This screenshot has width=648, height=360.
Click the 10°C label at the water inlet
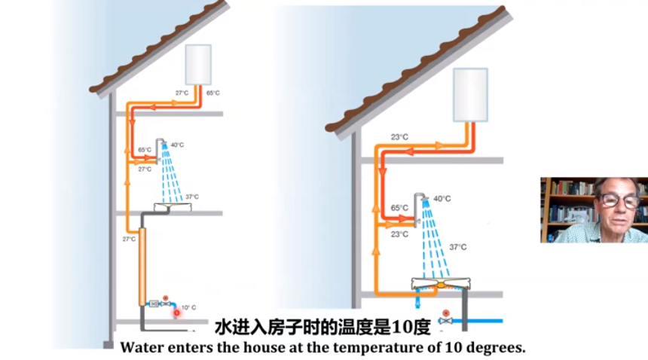point(188,307)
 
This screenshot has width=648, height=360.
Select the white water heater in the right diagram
point(470,94)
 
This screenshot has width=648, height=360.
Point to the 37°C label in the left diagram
point(192,197)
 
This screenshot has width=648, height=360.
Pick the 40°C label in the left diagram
point(177,145)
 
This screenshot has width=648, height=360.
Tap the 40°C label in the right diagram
point(442,199)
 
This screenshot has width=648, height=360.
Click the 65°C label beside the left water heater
point(213,93)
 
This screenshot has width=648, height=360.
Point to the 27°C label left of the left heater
point(182,93)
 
